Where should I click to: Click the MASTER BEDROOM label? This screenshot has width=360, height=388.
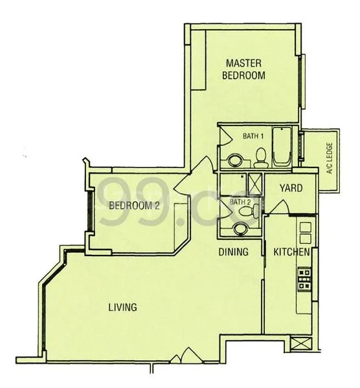(243, 69)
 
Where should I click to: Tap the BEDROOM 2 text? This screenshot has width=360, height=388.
(134, 206)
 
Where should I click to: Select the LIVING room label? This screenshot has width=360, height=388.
(122, 307)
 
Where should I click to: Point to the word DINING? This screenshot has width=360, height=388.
(233, 252)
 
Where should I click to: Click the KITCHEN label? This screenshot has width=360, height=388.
(291, 252)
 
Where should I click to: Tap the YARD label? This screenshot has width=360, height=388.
(291, 188)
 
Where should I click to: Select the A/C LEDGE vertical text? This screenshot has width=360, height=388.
(330, 158)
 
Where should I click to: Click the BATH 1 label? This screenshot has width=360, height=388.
(253, 136)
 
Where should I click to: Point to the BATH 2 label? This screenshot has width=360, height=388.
(240, 202)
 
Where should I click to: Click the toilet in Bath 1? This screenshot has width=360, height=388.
(261, 158)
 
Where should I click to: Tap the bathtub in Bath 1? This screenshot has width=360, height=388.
(282, 147)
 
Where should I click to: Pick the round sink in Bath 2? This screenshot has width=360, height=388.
(240, 229)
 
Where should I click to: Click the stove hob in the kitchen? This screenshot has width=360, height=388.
(304, 279)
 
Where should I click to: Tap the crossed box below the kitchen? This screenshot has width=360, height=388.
(300, 344)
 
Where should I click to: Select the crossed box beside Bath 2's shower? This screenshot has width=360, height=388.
(255, 184)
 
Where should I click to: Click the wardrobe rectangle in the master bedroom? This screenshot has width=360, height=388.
(199, 60)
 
